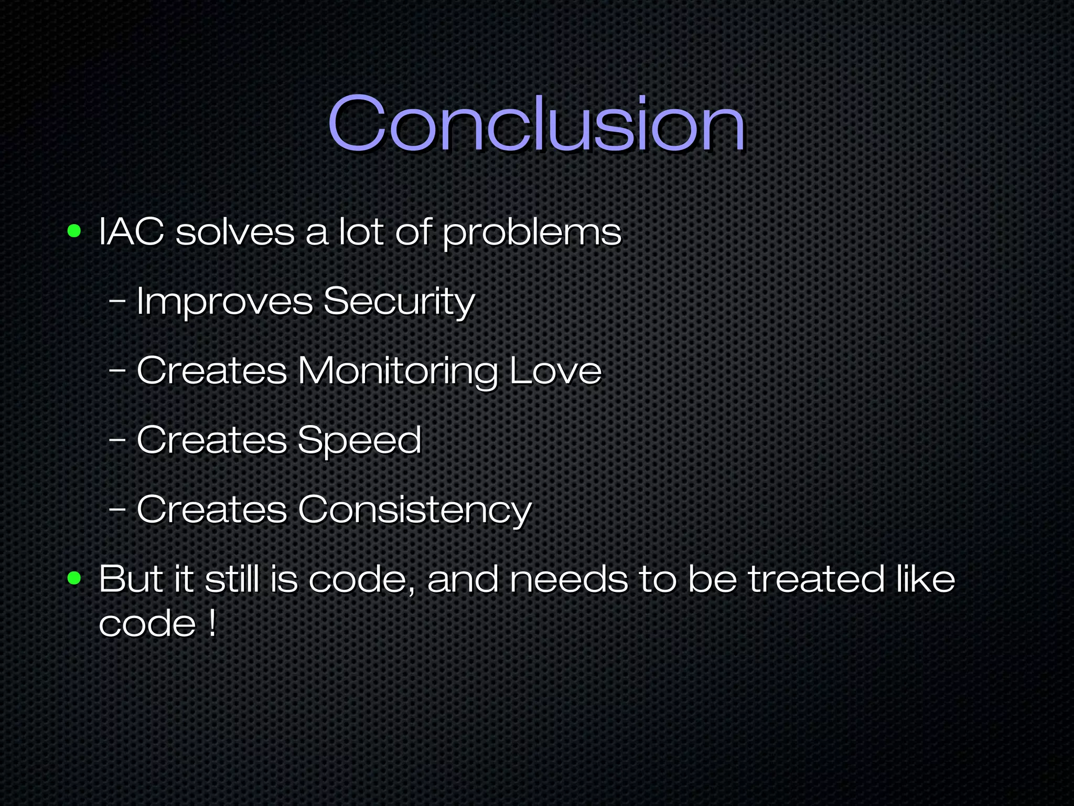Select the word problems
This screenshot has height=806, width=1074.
click(x=532, y=234)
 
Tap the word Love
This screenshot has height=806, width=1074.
click(x=555, y=371)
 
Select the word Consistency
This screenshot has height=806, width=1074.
click(x=415, y=510)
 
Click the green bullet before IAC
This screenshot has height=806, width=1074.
click(x=74, y=231)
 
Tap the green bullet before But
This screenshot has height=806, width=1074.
click(x=74, y=578)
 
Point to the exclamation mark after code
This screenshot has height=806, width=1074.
click(x=211, y=623)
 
